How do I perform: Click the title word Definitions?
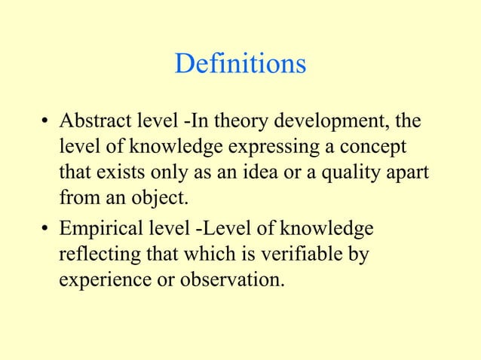pyautogui.click(x=240, y=63)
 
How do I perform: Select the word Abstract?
pyautogui.click(x=93, y=122)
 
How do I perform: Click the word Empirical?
pyautogui.click(x=101, y=228)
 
